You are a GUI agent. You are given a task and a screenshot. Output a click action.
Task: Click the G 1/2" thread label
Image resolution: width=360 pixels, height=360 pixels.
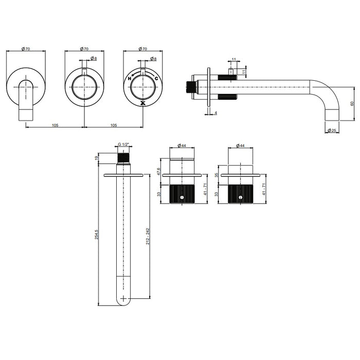[122, 146]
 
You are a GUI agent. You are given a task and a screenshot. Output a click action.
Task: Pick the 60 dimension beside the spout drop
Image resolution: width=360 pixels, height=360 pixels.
[352, 103]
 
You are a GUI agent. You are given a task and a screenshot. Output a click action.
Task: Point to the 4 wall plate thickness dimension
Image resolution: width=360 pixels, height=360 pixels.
[216, 112]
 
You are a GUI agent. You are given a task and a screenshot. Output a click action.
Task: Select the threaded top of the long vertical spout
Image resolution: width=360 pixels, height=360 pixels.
[122, 158]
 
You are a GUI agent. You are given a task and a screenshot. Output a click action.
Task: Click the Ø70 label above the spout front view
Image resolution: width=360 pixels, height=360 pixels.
[26, 49]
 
